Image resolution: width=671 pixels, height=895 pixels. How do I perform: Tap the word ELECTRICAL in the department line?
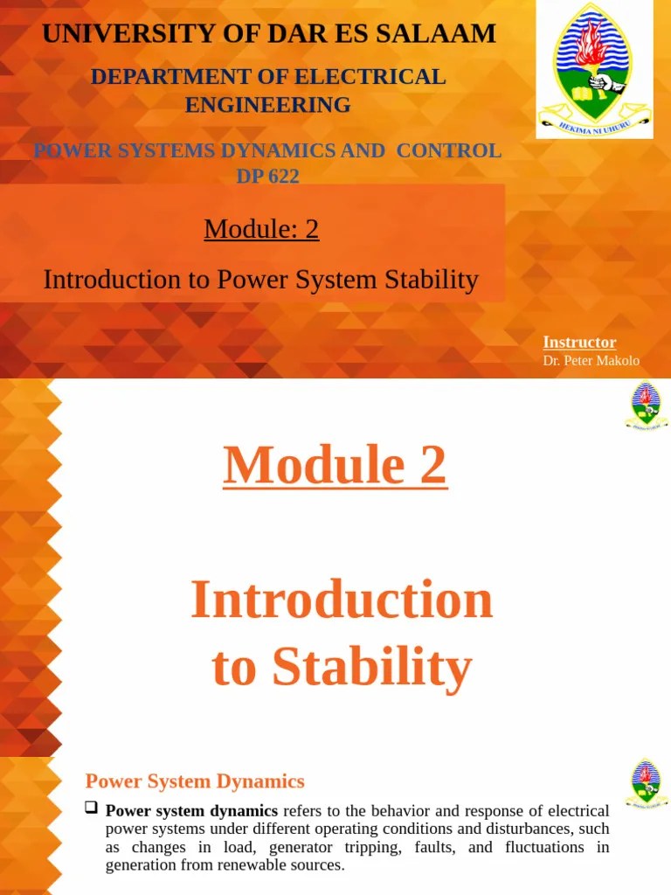[x=372, y=77]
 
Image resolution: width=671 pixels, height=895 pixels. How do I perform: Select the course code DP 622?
[x=267, y=176]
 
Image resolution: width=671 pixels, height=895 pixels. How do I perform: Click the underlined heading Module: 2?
[x=261, y=229]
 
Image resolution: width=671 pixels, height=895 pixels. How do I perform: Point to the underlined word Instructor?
[x=579, y=343]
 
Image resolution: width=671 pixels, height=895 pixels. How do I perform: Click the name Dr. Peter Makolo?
[x=591, y=361]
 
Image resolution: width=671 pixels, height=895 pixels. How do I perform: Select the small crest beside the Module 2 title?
[x=646, y=406]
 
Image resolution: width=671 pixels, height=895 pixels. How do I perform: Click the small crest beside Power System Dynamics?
[x=646, y=783]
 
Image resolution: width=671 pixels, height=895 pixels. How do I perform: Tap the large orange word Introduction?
[x=342, y=600]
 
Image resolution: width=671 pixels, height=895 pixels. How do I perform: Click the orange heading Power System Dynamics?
[x=195, y=781]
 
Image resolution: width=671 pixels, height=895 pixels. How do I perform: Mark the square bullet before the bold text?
[x=90, y=808]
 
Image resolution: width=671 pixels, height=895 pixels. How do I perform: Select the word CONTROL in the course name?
[x=449, y=150]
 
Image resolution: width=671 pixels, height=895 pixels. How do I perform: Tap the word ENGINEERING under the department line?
[x=267, y=105]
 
